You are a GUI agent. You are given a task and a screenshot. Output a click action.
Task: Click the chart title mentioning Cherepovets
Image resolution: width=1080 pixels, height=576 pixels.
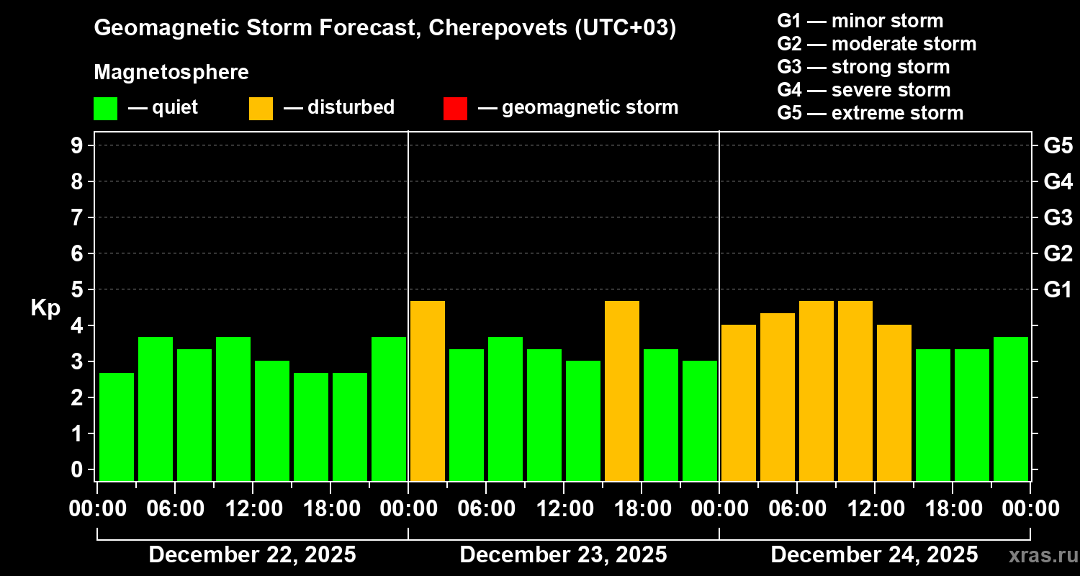coord(385,29)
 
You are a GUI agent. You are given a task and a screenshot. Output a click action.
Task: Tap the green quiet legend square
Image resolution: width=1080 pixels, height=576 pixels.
coord(105,109)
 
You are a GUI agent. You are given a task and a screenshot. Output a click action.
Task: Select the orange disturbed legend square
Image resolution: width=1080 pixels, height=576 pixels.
coord(261,109)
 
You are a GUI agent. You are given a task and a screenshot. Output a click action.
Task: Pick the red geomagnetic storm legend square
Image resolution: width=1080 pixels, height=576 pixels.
coord(455,109)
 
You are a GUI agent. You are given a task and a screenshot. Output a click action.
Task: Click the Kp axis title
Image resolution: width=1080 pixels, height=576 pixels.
coord(45,308)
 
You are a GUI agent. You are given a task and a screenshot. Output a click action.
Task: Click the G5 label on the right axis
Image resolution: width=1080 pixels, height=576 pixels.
coord(1058,145)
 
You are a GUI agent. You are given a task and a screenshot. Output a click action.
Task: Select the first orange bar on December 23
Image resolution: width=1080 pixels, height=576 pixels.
coord(428,390)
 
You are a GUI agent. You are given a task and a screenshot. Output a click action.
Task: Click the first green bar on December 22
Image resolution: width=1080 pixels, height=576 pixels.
coord(117,426)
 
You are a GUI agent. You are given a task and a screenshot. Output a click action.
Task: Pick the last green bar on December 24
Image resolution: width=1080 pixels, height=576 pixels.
coord(1011,408)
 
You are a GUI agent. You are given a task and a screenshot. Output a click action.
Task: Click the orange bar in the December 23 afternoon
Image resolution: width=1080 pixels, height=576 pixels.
coord(622,390)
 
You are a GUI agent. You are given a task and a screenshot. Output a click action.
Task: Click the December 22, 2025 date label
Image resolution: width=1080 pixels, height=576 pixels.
coord(252,555)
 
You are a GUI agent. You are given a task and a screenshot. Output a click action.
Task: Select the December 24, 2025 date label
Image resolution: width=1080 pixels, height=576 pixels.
coord(874,555)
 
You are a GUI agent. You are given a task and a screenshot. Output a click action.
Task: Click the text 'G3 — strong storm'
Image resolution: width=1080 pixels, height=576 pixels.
coord(863,67)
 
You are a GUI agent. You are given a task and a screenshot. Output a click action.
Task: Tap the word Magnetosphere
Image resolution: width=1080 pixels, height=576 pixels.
coord(171,73)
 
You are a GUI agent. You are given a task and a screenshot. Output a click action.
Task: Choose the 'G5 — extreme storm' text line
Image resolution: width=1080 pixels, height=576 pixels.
coord(870,113)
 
